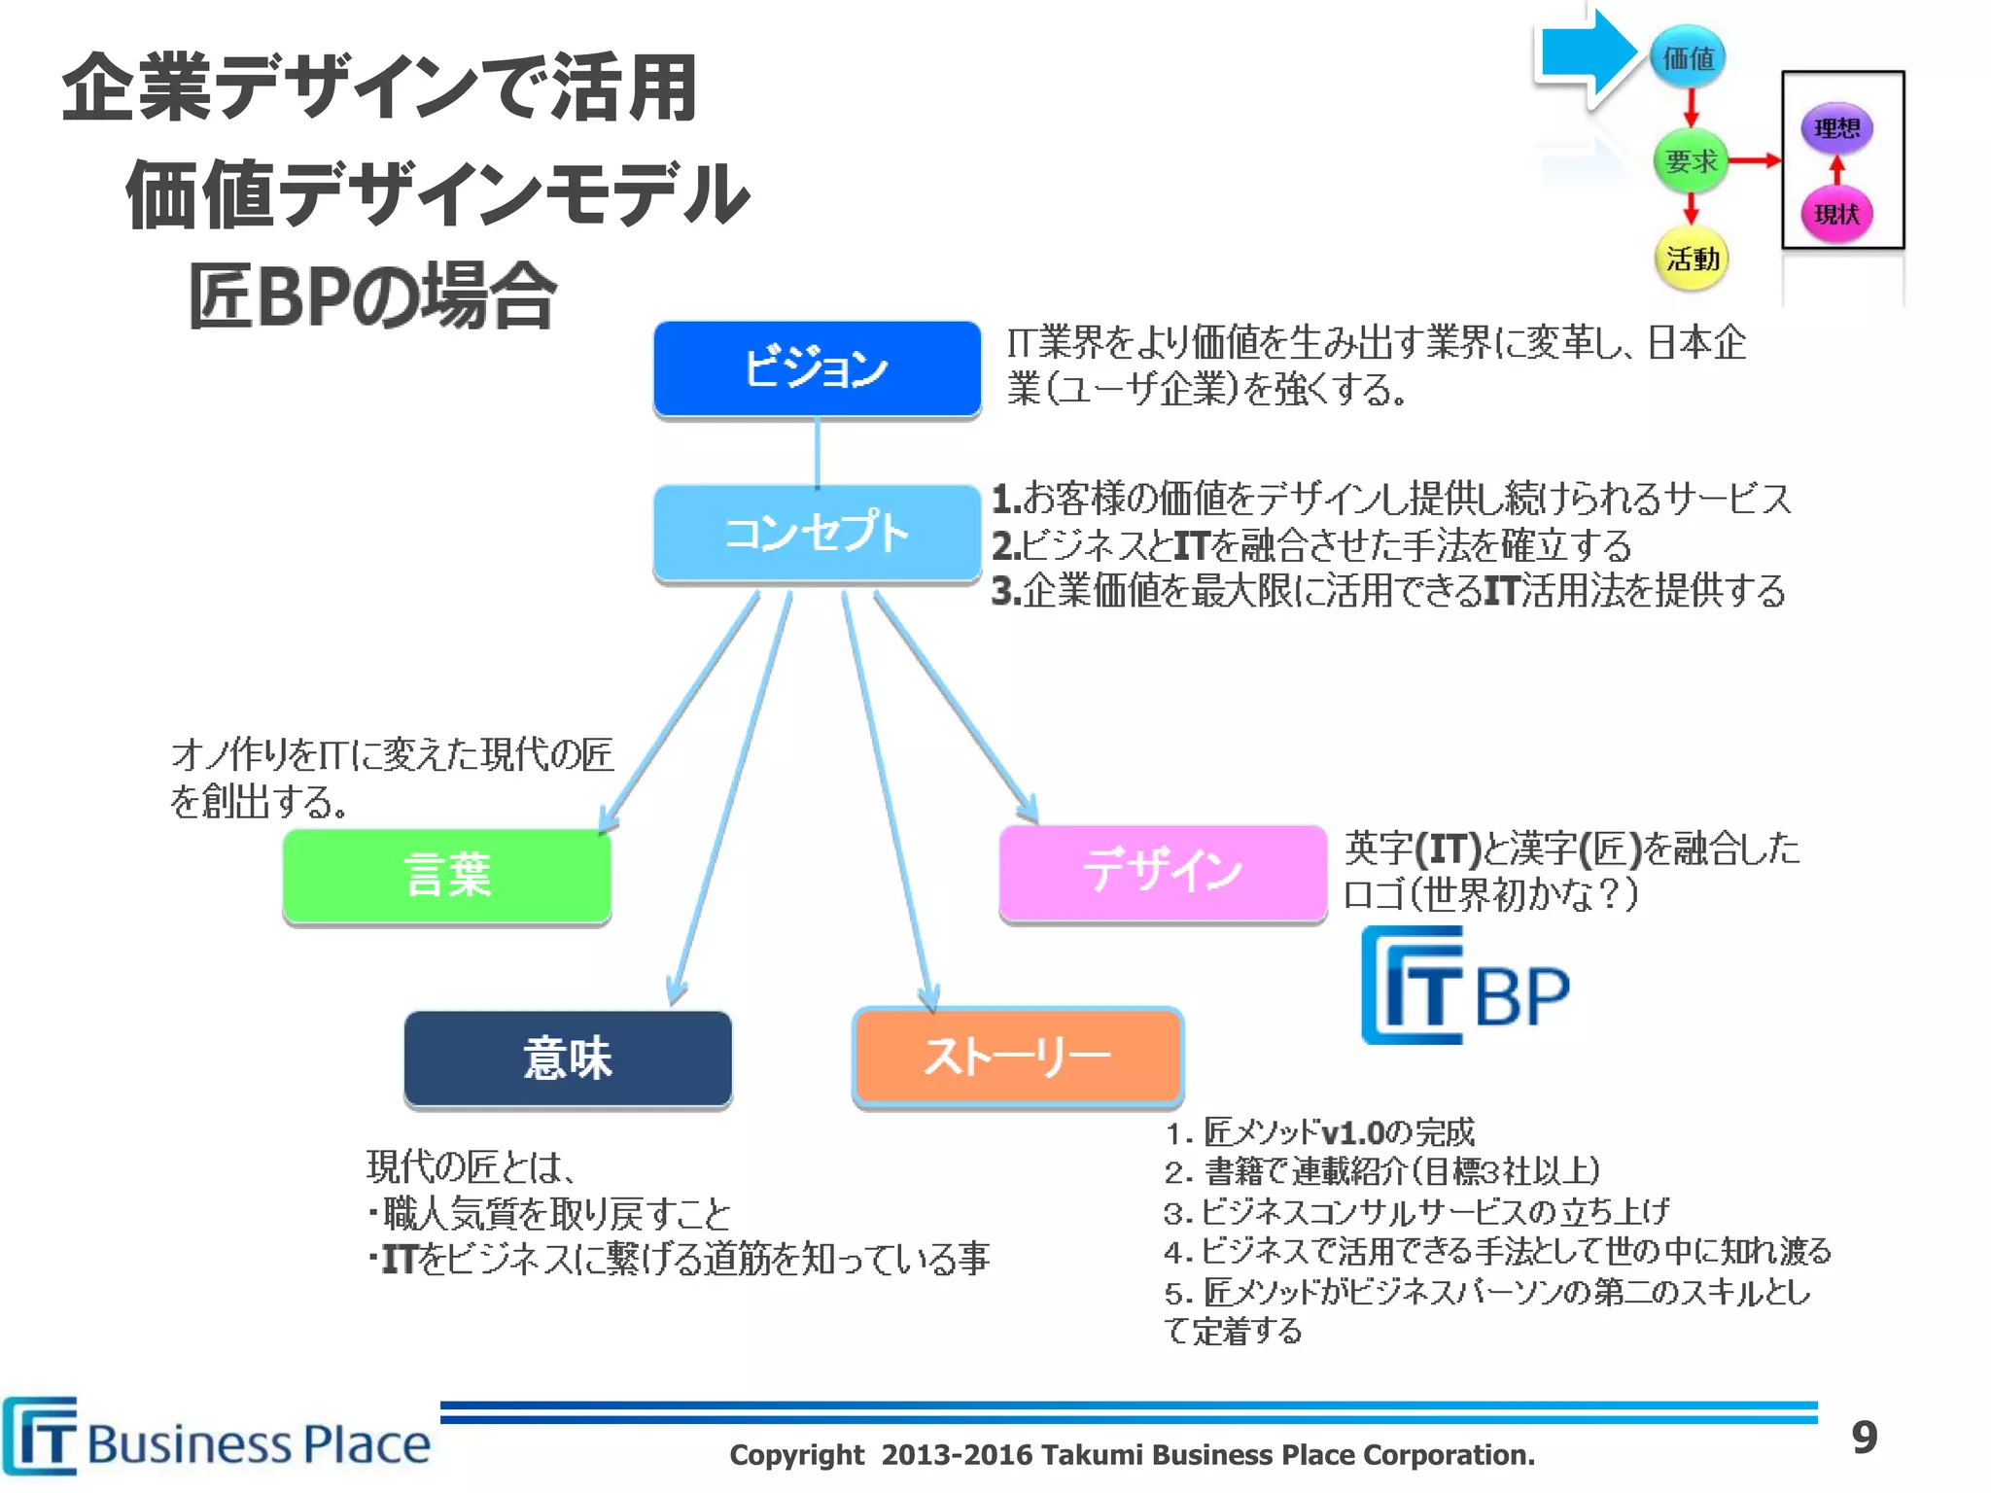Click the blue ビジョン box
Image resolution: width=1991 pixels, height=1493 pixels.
click(817, 368)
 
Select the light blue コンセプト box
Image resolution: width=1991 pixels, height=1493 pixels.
click(817, 533)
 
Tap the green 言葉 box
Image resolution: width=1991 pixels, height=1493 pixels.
click(446, 875)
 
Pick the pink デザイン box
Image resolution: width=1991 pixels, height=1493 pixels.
click(1163, 871)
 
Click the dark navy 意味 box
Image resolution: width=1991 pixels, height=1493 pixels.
click(568, 1058)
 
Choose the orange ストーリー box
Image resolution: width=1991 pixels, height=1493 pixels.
click(1017, 1057)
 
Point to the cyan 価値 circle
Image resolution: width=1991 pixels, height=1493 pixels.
click(1688, 58)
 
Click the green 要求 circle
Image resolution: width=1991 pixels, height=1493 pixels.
click(1691, 161)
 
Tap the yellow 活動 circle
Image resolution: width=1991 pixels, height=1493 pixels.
click(1692, 259)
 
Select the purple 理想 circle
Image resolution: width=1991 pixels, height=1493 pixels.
click(1836, 128)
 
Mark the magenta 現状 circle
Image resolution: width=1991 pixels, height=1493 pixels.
click(1836, 214)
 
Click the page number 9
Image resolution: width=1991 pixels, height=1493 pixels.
click(1864, 1437)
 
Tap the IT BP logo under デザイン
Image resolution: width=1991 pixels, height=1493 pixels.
click(1465, 987)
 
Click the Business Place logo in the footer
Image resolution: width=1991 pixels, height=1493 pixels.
click(216, 1439)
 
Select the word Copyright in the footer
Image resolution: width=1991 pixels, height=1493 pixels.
click(796, 1455)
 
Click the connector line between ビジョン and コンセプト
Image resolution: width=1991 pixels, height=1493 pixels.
click(817, 452)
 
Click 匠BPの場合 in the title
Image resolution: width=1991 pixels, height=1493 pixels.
click(371, 296)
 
